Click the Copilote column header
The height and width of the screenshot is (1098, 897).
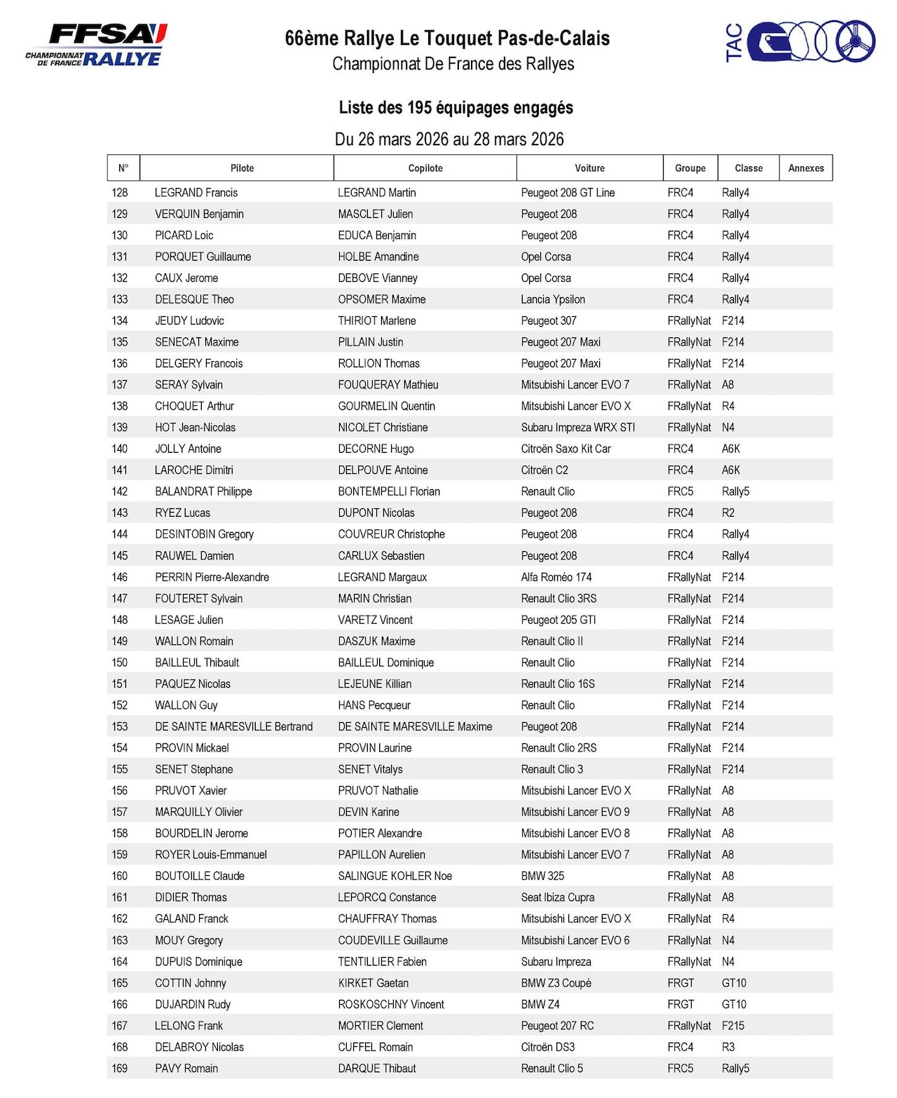[425, 168]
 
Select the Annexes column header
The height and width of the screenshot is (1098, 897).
[806, 168]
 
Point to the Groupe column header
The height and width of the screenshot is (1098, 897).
[690, 168]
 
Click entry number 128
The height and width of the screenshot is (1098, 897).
[120, 193]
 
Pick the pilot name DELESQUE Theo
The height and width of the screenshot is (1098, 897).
[194, 299]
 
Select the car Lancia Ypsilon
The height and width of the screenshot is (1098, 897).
[552, 299]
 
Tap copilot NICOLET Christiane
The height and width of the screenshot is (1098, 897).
[383, 428]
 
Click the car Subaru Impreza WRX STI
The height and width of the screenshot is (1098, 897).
[577, 428]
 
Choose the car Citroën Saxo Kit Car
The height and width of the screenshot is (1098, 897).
[566, 449]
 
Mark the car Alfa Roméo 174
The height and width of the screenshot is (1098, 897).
[556, 577]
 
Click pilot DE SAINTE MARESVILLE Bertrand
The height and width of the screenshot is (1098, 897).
[233, 726]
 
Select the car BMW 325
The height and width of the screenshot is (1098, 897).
[542, 876]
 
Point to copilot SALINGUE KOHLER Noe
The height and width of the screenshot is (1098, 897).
[395, 876]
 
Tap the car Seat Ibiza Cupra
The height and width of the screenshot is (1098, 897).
[557, 897]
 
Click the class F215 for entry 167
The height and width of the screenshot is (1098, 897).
[733, 1026]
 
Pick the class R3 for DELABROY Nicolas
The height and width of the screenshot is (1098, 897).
[728, 1047]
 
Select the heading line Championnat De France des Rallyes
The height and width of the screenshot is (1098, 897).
[453, 64]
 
